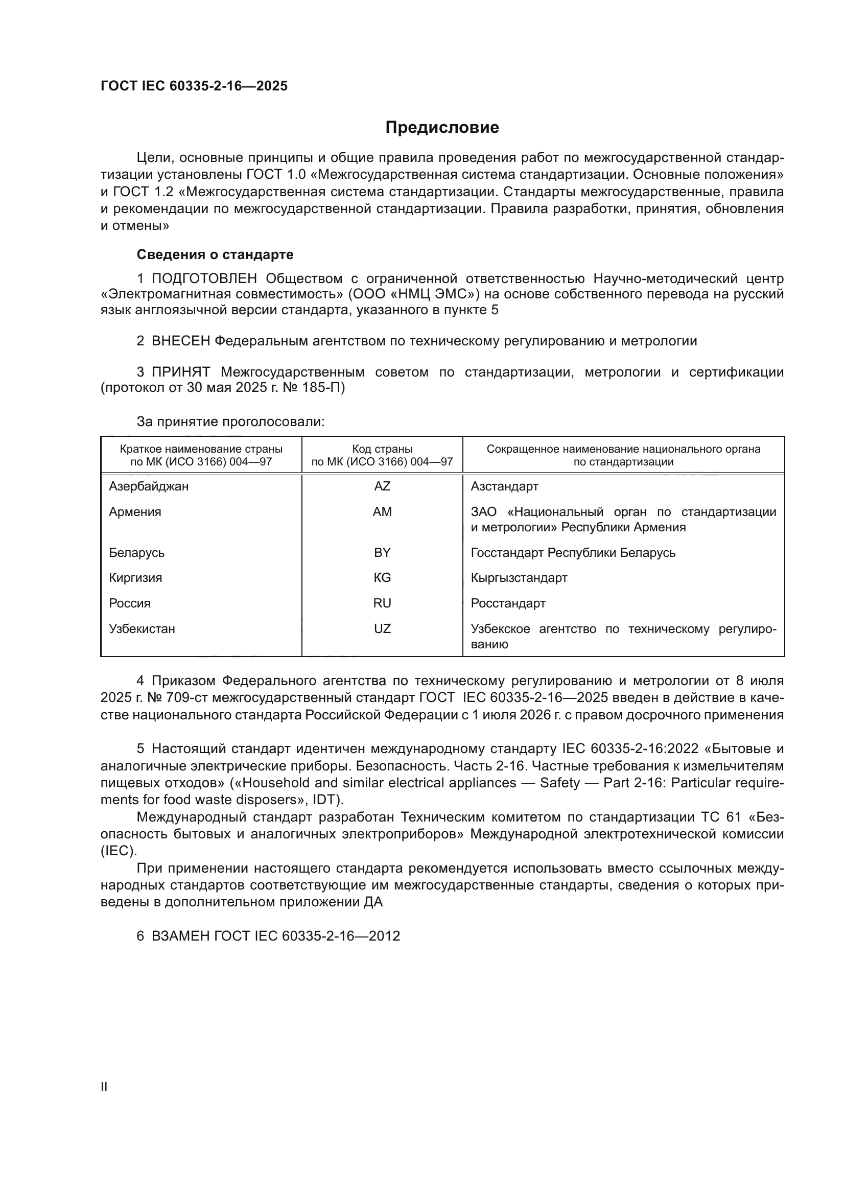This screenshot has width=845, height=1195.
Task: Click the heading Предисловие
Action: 442,128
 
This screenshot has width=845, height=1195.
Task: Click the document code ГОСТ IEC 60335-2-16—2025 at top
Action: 194,86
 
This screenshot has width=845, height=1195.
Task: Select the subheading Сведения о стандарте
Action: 215,254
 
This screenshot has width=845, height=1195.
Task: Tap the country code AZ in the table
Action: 382,486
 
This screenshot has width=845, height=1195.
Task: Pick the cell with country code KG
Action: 382,578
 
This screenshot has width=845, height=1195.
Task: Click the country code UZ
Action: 382,629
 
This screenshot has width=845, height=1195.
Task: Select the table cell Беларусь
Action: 137,553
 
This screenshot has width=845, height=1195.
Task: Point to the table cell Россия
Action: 130,603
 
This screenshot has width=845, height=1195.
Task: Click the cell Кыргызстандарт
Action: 519,578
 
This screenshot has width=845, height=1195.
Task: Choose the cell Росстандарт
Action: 508,603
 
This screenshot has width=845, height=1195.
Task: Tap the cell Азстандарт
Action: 504,486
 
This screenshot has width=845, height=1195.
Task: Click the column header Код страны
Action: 382,449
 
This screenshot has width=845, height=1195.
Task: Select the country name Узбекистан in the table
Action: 142,629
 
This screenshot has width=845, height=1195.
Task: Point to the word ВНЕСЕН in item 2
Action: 181,341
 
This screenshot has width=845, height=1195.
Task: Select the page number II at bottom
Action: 104,1087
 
